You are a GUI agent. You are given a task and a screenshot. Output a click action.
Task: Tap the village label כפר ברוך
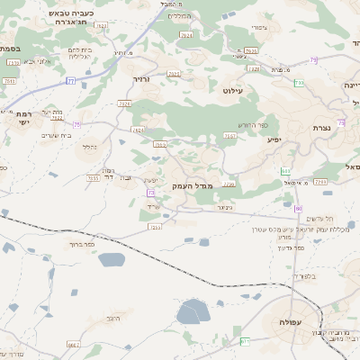81,243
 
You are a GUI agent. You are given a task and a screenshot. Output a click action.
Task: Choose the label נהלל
89,146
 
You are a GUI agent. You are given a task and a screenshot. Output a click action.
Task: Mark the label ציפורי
259,28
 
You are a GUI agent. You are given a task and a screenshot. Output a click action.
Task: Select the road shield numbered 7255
155,227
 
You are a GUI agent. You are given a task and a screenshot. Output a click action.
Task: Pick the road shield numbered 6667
73,345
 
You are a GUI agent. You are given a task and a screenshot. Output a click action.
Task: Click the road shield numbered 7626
124,104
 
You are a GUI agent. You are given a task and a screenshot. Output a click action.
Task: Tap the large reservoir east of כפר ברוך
112,259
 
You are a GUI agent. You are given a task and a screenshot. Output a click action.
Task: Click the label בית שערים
56,135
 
